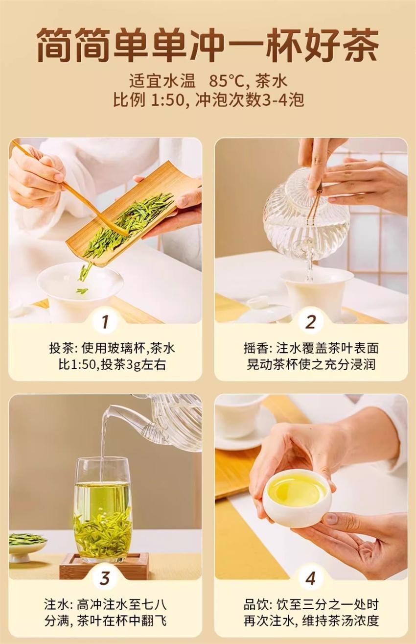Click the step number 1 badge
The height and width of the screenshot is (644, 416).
[105, 322]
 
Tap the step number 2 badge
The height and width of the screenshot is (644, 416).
[310, 322]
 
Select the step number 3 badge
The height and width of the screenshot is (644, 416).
[105, 578]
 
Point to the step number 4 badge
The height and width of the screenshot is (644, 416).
[310, 578]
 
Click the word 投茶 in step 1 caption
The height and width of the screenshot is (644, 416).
[60, 349]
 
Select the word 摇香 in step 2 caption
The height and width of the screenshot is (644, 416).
[255, 349]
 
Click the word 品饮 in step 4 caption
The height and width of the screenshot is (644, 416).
[255, 604]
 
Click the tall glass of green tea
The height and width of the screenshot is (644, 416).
[103, 509]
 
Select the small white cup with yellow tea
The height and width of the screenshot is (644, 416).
[297, 497]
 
